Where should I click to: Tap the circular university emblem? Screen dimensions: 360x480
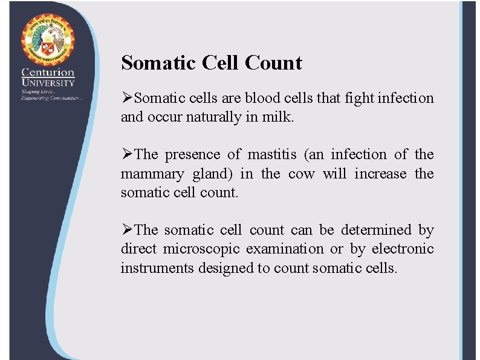48,39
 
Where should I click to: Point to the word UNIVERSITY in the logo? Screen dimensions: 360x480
48,82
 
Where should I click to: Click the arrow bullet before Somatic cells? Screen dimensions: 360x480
127,98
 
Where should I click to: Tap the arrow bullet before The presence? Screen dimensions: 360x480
127,155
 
